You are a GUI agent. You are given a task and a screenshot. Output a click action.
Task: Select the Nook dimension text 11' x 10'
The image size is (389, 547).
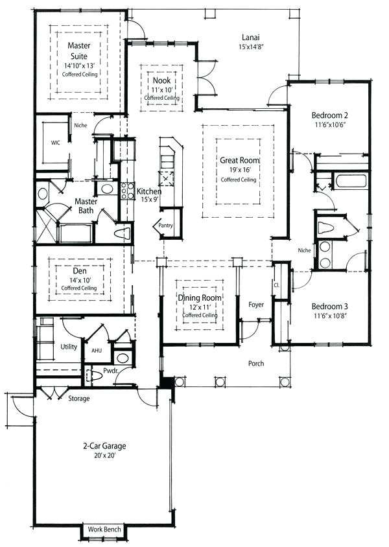pyautogui.click(x=161, y=89)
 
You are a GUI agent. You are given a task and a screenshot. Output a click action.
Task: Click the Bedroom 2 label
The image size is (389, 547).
pyautogui.click(x=330, y=117)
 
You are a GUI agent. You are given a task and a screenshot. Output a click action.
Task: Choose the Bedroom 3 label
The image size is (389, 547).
pyautogui.click(x=331, y=307)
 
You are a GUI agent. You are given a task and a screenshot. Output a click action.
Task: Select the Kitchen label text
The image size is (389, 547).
pyautogui.click(x=148, y=191)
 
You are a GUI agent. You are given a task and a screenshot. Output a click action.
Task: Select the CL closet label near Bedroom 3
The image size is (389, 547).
pyautogui.click(x=277, y=285)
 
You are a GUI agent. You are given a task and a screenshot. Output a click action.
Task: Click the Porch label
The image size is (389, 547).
pyautogui.click(x=256, y=364)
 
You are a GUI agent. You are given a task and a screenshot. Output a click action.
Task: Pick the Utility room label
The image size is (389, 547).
pyautogui.click(x=69, y=347)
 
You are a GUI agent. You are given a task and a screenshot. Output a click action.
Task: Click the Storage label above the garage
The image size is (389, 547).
pyautogui.click(x=79, y=398)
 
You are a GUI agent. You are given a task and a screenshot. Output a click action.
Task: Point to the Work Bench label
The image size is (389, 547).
pyautogui.click(x=104, y=530)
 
